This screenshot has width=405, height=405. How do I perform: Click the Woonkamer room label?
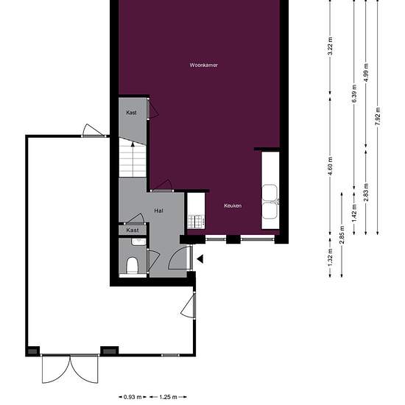tap(203, 66)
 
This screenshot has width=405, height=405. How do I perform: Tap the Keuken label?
tap(233, 205)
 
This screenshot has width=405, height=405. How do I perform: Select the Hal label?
tap(158, 211)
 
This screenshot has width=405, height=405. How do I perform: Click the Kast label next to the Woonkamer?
tap(131, 113)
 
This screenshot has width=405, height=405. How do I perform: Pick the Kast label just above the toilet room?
tap(133, 230)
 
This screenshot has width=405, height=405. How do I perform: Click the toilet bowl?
tap(133, 264)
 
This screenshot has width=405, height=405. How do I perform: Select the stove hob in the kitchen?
tap(194, 219)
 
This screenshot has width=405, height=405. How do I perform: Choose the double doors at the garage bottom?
tap(70, 367)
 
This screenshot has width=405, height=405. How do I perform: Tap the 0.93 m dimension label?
tap(133, 396)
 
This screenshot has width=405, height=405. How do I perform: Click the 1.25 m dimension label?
tap(169, 396)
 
